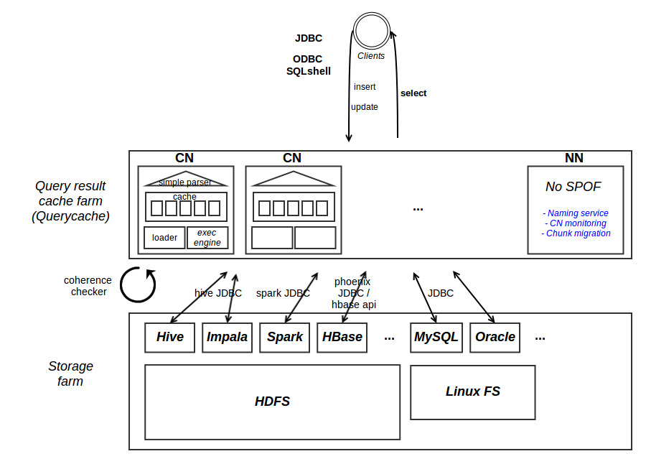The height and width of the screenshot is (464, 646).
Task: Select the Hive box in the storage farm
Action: pos(169,337)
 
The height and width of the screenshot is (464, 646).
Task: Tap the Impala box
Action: pos(227,337)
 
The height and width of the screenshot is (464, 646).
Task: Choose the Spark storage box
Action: pos(284,337)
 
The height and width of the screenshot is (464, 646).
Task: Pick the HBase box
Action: pos(342,337)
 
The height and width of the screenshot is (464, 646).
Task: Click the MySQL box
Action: pos(435,337)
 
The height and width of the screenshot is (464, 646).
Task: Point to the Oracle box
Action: pos(495,337)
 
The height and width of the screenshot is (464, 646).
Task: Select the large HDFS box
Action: pos(272,402)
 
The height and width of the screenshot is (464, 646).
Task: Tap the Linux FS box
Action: pos(472,391)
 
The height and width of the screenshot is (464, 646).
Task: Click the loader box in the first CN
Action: pos(164,238)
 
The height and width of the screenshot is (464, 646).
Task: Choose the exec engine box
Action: pos(207,238)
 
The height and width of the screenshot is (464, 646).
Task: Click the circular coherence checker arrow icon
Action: pos(138,284)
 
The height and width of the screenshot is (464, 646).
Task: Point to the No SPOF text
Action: pos(573,187)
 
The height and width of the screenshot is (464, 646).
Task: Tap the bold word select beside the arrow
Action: pos(413,93)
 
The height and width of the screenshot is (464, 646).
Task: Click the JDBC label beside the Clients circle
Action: pos(309,38)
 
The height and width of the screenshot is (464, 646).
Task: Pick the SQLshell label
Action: pos(309,71)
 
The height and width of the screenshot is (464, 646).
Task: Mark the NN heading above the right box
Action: pos(574,158)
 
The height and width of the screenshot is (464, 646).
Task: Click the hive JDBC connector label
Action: pos(218,293)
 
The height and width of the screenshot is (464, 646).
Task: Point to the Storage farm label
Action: pos(70,373)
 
